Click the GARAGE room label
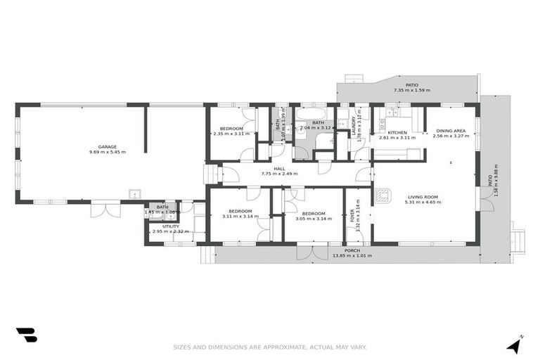(x=108, y=147)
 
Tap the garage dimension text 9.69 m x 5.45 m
(x=108, y=153)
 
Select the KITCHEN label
(x=397, y=132)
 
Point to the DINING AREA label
(x=451, y=131)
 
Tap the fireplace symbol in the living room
(x=382, y=196)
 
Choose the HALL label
(x=279, y=168)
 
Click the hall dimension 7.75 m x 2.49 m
(x=279, y=174)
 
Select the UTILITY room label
(x=170, y=226)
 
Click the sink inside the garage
(x=134, y=195)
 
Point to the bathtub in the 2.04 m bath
(x=310, y=112)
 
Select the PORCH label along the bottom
(x=352, y=250)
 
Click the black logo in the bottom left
(x=26, y=335)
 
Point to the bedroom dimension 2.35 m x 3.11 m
(x=231, y=134)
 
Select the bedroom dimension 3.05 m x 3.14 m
(x=314, y=217)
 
